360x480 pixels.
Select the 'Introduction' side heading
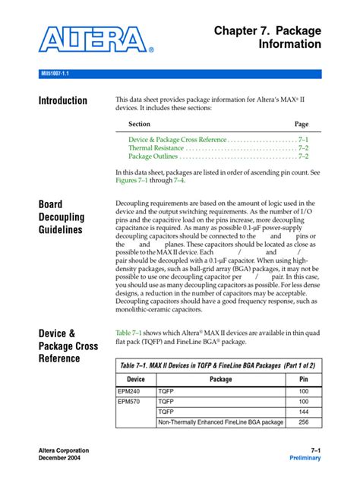click(x=62, y=101)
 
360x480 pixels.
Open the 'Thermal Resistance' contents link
click(x=156, y=148)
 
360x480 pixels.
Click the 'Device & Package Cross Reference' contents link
click(x=178, y=140)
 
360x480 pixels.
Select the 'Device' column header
click(x=135, y=378)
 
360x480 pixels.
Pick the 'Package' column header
click(x=220, y=378)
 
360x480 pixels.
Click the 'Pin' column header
click(x=304, y=378)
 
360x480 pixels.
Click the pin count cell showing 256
click(x=304, y=422)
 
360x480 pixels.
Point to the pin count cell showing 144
click(x=304, y=412)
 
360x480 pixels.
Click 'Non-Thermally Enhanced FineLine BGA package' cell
click(x=220, y=422)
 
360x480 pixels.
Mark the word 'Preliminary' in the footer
click(x=305, y=459)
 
